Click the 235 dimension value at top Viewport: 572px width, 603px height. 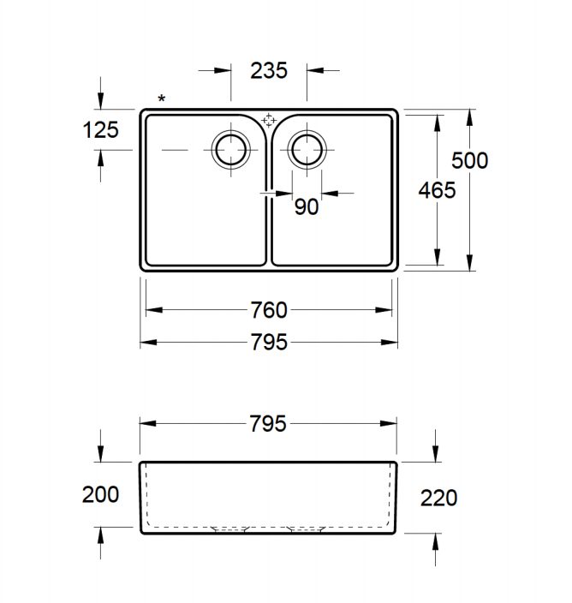click(269, 71)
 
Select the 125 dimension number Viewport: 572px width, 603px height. click(101, 130)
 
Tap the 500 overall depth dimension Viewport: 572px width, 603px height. click(470, 160)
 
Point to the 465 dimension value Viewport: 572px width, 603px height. click(437, 190)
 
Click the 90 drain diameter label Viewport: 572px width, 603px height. click(307, 207)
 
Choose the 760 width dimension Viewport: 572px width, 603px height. click(269, 310)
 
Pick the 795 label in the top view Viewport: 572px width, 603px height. click(269, 343)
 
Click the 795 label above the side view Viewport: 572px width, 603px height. click(268, 424)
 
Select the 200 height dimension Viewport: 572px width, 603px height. click(100, 494)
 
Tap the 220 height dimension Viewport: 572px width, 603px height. click(438, 499)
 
